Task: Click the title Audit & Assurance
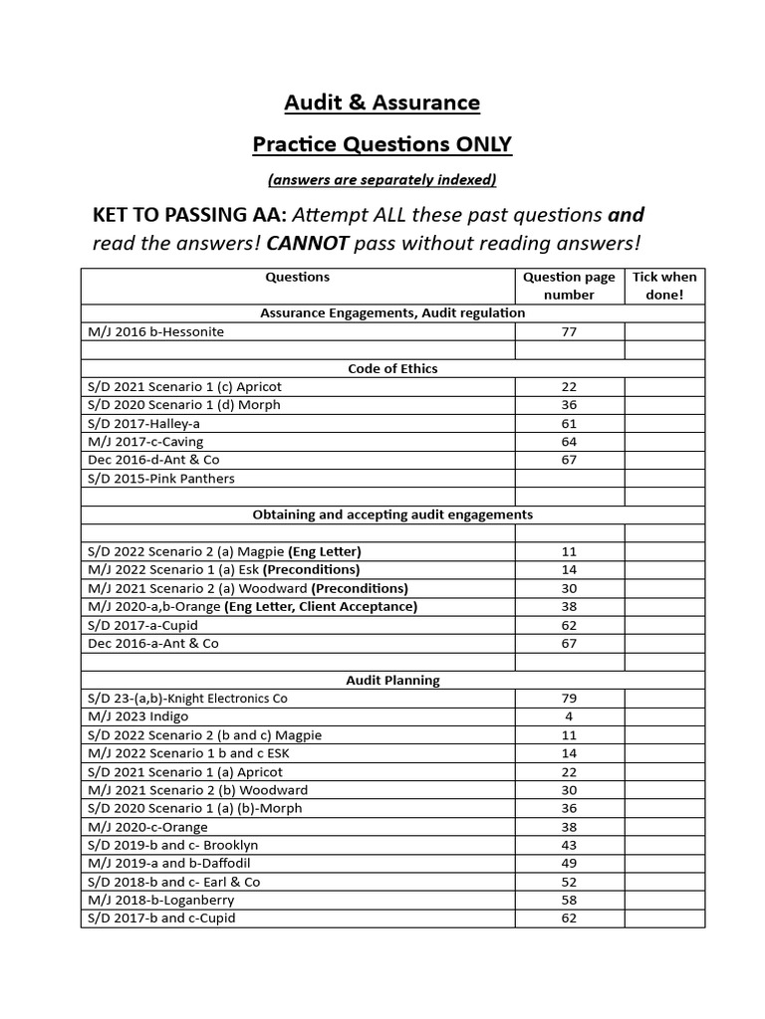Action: tap(382, 102)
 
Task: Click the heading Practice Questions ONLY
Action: tap(382, 145)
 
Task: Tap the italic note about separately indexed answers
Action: tap(382, 180)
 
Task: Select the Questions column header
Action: tap(298, 278)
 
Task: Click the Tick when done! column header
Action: tap(664, 286)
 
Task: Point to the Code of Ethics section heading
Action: tap(392, 368)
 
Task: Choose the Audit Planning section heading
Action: tap(392, 681)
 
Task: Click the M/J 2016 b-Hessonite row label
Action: tap(156, 331)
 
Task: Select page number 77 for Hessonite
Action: tap(570, 331)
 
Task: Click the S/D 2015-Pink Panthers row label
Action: tap(161, 478)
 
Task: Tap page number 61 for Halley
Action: tap(570, 423)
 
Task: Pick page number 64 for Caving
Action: tap(570, 441)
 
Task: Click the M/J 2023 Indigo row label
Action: tap(137, 716)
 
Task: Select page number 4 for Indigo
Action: tap(570, 716)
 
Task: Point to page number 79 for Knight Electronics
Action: tap(570, 699)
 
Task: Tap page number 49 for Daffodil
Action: tap(570, 864)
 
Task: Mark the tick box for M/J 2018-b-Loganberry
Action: tap(664, 900)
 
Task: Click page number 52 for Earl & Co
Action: tap(570, 882)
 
